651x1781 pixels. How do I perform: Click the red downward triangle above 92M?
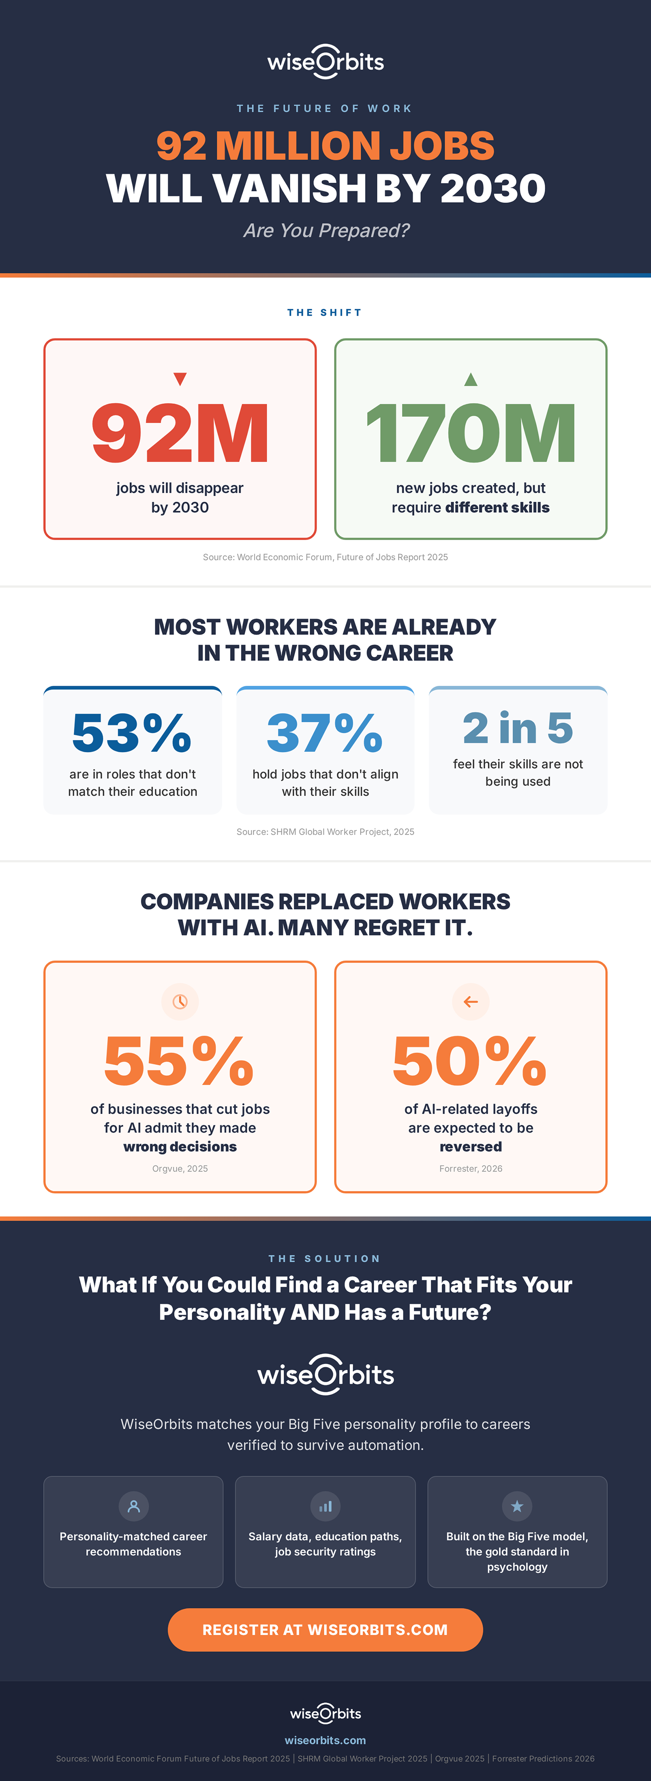coord(180,379)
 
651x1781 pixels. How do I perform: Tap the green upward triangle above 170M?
coord(470,379)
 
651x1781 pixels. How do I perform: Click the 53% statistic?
coord(132,733)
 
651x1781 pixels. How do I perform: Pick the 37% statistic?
coord(325,733)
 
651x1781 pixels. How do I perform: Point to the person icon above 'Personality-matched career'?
coord(134,1506)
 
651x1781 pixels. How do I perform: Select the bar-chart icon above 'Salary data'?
coord(325,1506)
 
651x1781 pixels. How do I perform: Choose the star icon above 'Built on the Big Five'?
coord(517,1506)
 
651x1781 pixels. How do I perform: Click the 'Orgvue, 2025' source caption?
coord(180,1168)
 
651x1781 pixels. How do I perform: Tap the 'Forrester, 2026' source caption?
coord(470,1168)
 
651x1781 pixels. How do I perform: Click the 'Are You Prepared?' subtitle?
coord(326,230)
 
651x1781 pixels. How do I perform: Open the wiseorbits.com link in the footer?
coord(325,1740)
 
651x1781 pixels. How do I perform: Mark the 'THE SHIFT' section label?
coord(325,313)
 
